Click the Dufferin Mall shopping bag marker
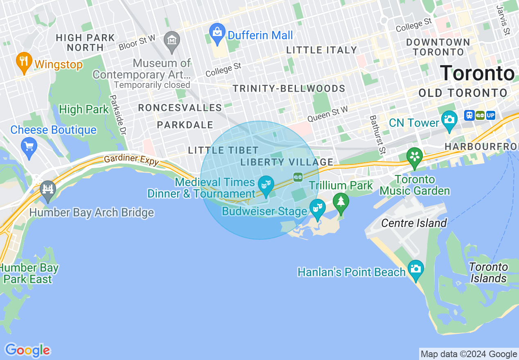click(x=217, y=32)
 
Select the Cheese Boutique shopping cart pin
click(x=29, y=146)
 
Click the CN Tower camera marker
click(x=449, y=120)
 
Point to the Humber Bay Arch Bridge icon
click(x=48, y=190)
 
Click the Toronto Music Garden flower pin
click(x=414, y=157)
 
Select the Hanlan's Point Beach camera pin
click(x=416, y=269)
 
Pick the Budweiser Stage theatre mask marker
click(x=317, y=208)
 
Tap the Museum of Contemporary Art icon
click(x=172, y=40)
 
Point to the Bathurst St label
click(x=377, y=135)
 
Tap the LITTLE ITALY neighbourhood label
click(x=322, y=50)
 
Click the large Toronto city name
click(x=477, y=74)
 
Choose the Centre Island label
click(x=414, y=223)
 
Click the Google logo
click(x=27, y=351)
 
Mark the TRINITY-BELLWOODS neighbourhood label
click(x=289, y=89)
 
